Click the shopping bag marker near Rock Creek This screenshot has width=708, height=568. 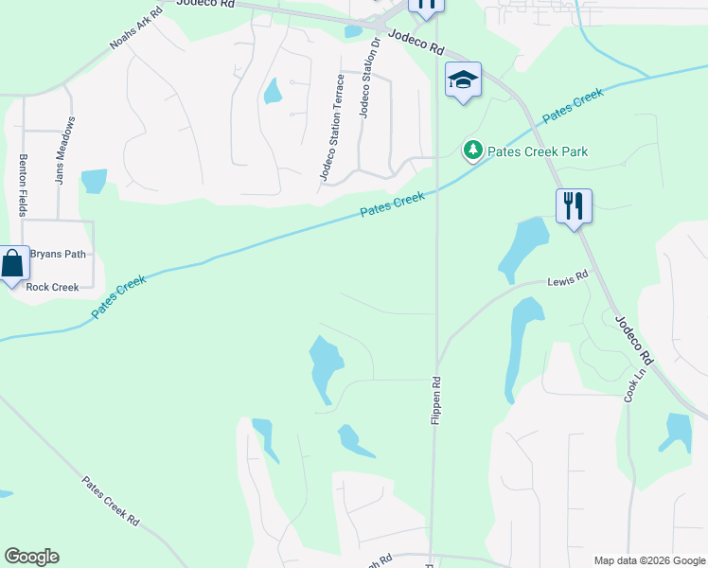(12, 264)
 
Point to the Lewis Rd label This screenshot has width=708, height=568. (568, 280)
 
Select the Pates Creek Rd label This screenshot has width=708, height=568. (111, 502)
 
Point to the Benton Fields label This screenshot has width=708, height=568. (23, 185)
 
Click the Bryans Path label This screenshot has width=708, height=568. (58, 254)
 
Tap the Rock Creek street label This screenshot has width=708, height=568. (52, 288)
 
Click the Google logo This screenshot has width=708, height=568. (31, 557)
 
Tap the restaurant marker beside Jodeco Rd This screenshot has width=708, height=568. (573, 205)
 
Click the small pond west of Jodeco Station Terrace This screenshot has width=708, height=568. (273, 91)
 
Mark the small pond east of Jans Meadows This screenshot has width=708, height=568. (94, 180)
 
